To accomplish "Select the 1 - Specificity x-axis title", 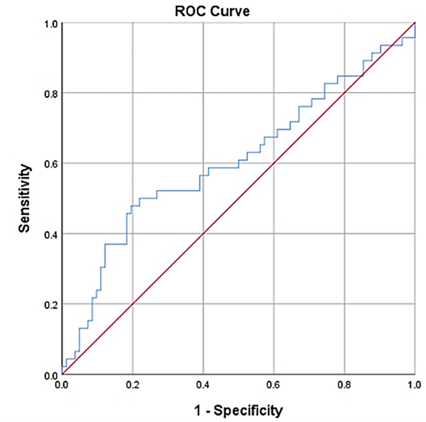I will pos(239,408).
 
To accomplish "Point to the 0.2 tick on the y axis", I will pos(49,304).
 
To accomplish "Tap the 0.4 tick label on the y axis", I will pos(49,234).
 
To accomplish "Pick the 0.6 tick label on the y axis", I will pos(49,164).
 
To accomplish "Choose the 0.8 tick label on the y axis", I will pos(49,93).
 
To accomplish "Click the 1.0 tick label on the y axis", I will pos(49,24).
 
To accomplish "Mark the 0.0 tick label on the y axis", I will pos(49,375).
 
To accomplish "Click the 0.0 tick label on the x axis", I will pos(62,386).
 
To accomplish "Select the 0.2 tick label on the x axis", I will pos(132,386).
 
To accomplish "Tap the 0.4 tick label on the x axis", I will pos(203,386).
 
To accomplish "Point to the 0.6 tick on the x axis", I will pos(274,386).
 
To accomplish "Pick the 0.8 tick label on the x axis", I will pos(344,386).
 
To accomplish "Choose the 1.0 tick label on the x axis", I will pos(414,386).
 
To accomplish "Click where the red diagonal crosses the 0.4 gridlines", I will pos(203,234).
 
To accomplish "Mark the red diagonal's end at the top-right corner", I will pos(415,23).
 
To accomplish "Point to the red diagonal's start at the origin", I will pos(62,374).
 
